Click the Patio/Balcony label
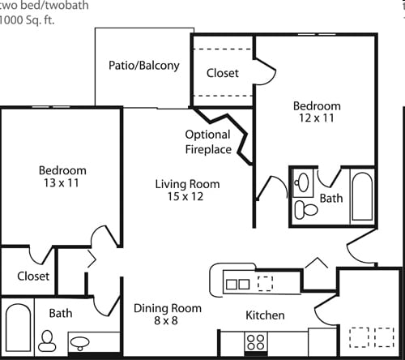click(x=144, y=66)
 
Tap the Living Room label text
click(x=187, y=184)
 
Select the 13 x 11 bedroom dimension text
click(x=62, y=184)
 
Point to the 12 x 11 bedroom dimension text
click(x=316, y=119)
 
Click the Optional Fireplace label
click(x=208, y=142)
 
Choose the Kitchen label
click(x=265, y=315)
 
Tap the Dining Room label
click(x=168, y=308)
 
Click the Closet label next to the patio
click(x=223, y=73)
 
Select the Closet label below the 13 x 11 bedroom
click(x=33, y=276)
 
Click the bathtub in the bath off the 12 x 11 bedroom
click(x=361, y=195)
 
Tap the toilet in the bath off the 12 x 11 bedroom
click(x=306, y=209)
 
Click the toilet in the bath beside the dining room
click(x=47, y=340)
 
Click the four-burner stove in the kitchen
click(x=256, y=342)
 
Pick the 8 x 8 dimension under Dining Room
click(x=168, y=322)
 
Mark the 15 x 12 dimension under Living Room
click(x=187, y=197)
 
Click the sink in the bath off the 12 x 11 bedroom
click(x=304, y=181)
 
